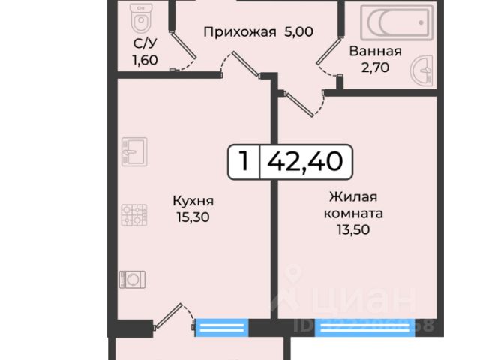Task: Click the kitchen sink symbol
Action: [128, 153]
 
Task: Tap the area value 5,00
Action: [298, 31]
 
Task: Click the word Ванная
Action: [376, 52]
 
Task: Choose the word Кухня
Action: [193, 201]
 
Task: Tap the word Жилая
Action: [355, 197]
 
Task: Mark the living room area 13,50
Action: [355, 229]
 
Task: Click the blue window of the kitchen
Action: [221, 327]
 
